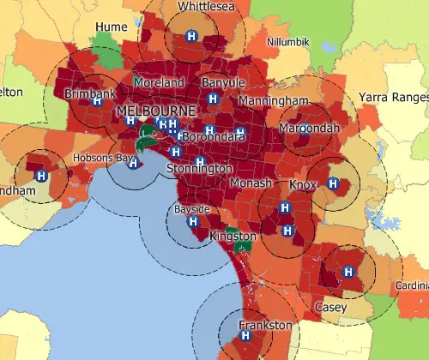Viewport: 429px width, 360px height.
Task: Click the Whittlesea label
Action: click(206, 7)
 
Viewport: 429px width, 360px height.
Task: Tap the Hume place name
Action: click(112, 27)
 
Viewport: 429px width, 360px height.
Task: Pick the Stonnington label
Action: click(194, 170)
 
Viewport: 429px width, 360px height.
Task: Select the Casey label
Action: click(330, 306)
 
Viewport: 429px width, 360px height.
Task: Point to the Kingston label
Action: click(233, 236)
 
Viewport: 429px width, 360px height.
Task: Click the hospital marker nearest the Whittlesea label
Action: click(191, 37)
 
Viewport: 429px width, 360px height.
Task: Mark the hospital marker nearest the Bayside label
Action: click(193, 221)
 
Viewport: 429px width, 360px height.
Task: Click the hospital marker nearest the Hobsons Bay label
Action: click(132, 161)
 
